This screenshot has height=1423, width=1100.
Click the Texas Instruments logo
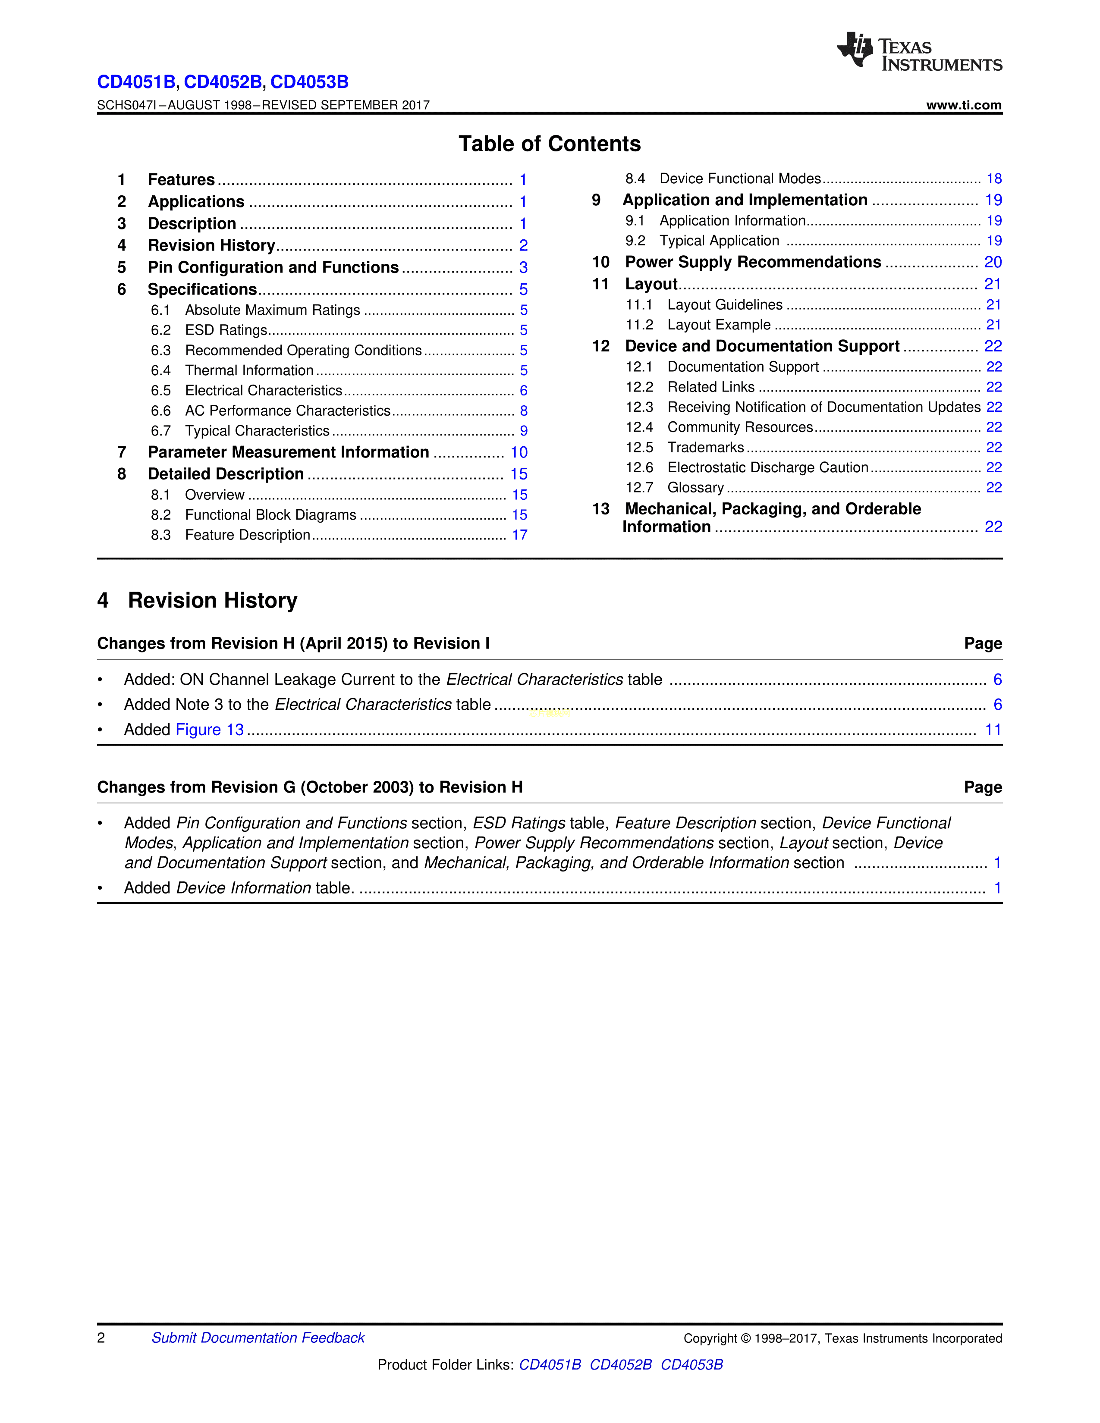click(x=919, y=51)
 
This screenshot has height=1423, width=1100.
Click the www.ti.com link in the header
click(x=963, y=105)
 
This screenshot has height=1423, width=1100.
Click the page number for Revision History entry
click(x=523, y=246)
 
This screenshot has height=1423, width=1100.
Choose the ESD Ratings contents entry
click(x=226, y=330)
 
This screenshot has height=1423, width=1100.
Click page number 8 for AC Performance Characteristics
click(x=523, y=411)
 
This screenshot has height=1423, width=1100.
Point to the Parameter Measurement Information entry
click(x=288, y=452)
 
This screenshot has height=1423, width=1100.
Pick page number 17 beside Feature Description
click(x=519, y=535)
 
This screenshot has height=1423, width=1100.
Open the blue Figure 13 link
click(x=210, y=730)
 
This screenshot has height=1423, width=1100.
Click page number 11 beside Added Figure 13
click(x=993, y=730)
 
